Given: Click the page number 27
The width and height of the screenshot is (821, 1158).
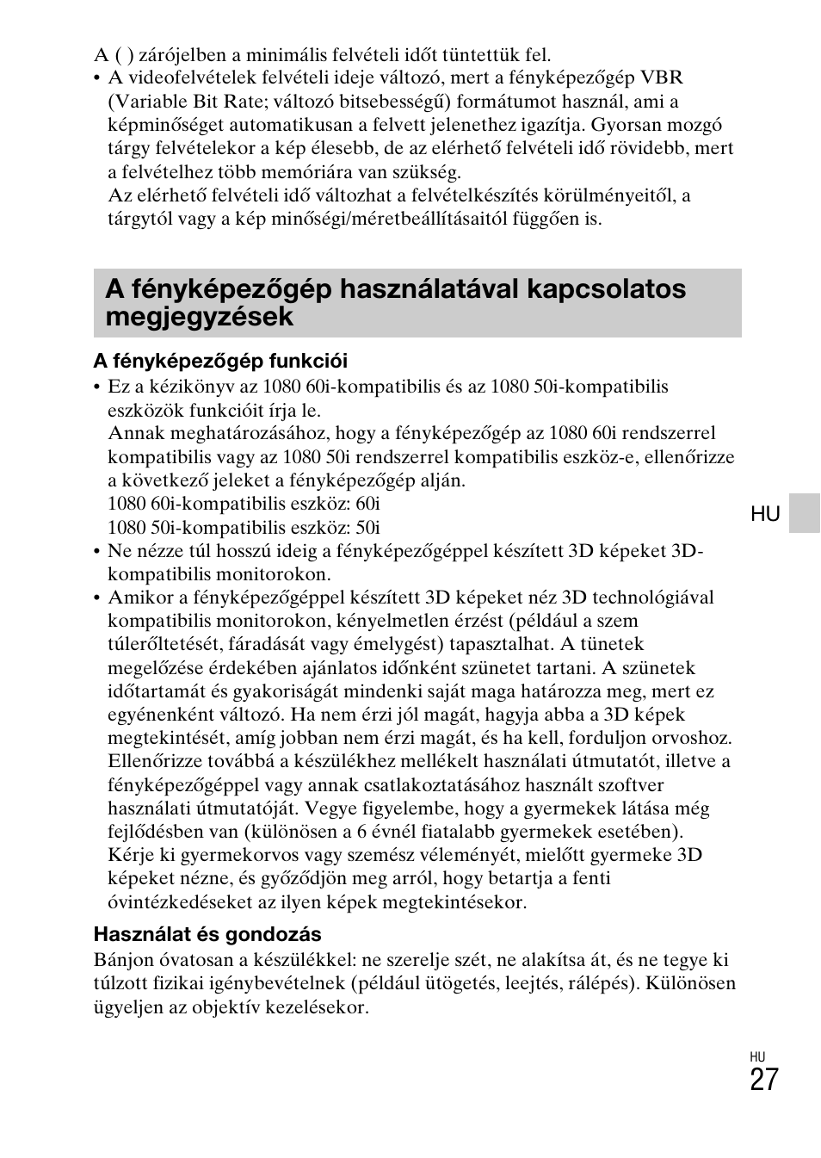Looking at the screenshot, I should [x=763, y=1079].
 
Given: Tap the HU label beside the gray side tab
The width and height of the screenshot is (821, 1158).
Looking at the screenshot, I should [x=765, y=514].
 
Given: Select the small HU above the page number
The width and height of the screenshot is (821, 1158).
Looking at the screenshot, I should [x=757, y=1056].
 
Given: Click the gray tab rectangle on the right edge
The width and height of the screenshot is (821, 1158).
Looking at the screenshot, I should [x=805, y=513].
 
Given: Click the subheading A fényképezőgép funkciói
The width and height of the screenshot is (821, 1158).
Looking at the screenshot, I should [x=220, y=361].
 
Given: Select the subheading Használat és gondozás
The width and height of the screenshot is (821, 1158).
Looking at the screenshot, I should [x=207, y=934].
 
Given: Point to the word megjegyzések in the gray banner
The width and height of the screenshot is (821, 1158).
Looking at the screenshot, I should [x=200, y=317].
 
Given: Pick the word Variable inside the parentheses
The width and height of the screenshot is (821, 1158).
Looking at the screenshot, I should [x=145, y=101].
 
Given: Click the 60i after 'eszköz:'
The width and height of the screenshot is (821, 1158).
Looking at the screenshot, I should [x=367, y=504].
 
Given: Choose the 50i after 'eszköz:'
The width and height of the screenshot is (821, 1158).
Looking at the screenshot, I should [x=367, y=527].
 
